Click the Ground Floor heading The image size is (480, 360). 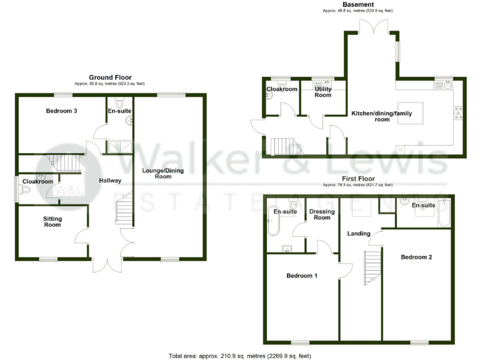(110, 77)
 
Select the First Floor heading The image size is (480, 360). (357, 178)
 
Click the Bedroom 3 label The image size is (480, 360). (62, 111)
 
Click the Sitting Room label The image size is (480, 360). (52, 221)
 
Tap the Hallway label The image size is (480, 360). (110, 181)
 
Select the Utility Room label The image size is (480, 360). (323, 92)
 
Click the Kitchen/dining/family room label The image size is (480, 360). (379, 116)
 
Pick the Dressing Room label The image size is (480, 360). (322, 214)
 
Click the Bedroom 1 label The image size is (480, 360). (302, 276)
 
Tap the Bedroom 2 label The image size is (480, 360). (416, 257)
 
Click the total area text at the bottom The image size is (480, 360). (239, 356)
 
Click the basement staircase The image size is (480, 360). (282, 146)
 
